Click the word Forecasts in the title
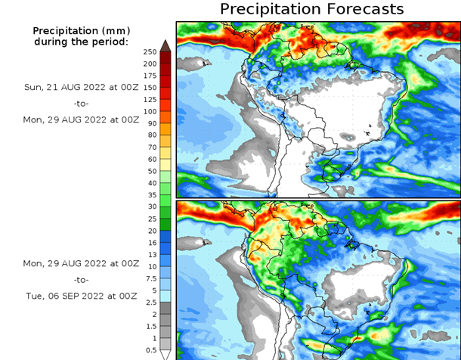(360, 9)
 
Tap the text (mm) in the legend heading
(113, 30)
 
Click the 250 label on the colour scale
(149, 51)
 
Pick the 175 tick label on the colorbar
(149, 76)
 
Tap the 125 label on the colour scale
(149, 99)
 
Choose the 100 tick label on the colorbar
(149, 111)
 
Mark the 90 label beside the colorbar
(151, 123)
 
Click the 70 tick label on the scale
(151, 147)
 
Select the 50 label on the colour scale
(151, 171)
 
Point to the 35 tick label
(151, 194)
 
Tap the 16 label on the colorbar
(151, 243)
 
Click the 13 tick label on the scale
(151, 255)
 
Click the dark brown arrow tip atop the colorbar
(165, 45)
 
